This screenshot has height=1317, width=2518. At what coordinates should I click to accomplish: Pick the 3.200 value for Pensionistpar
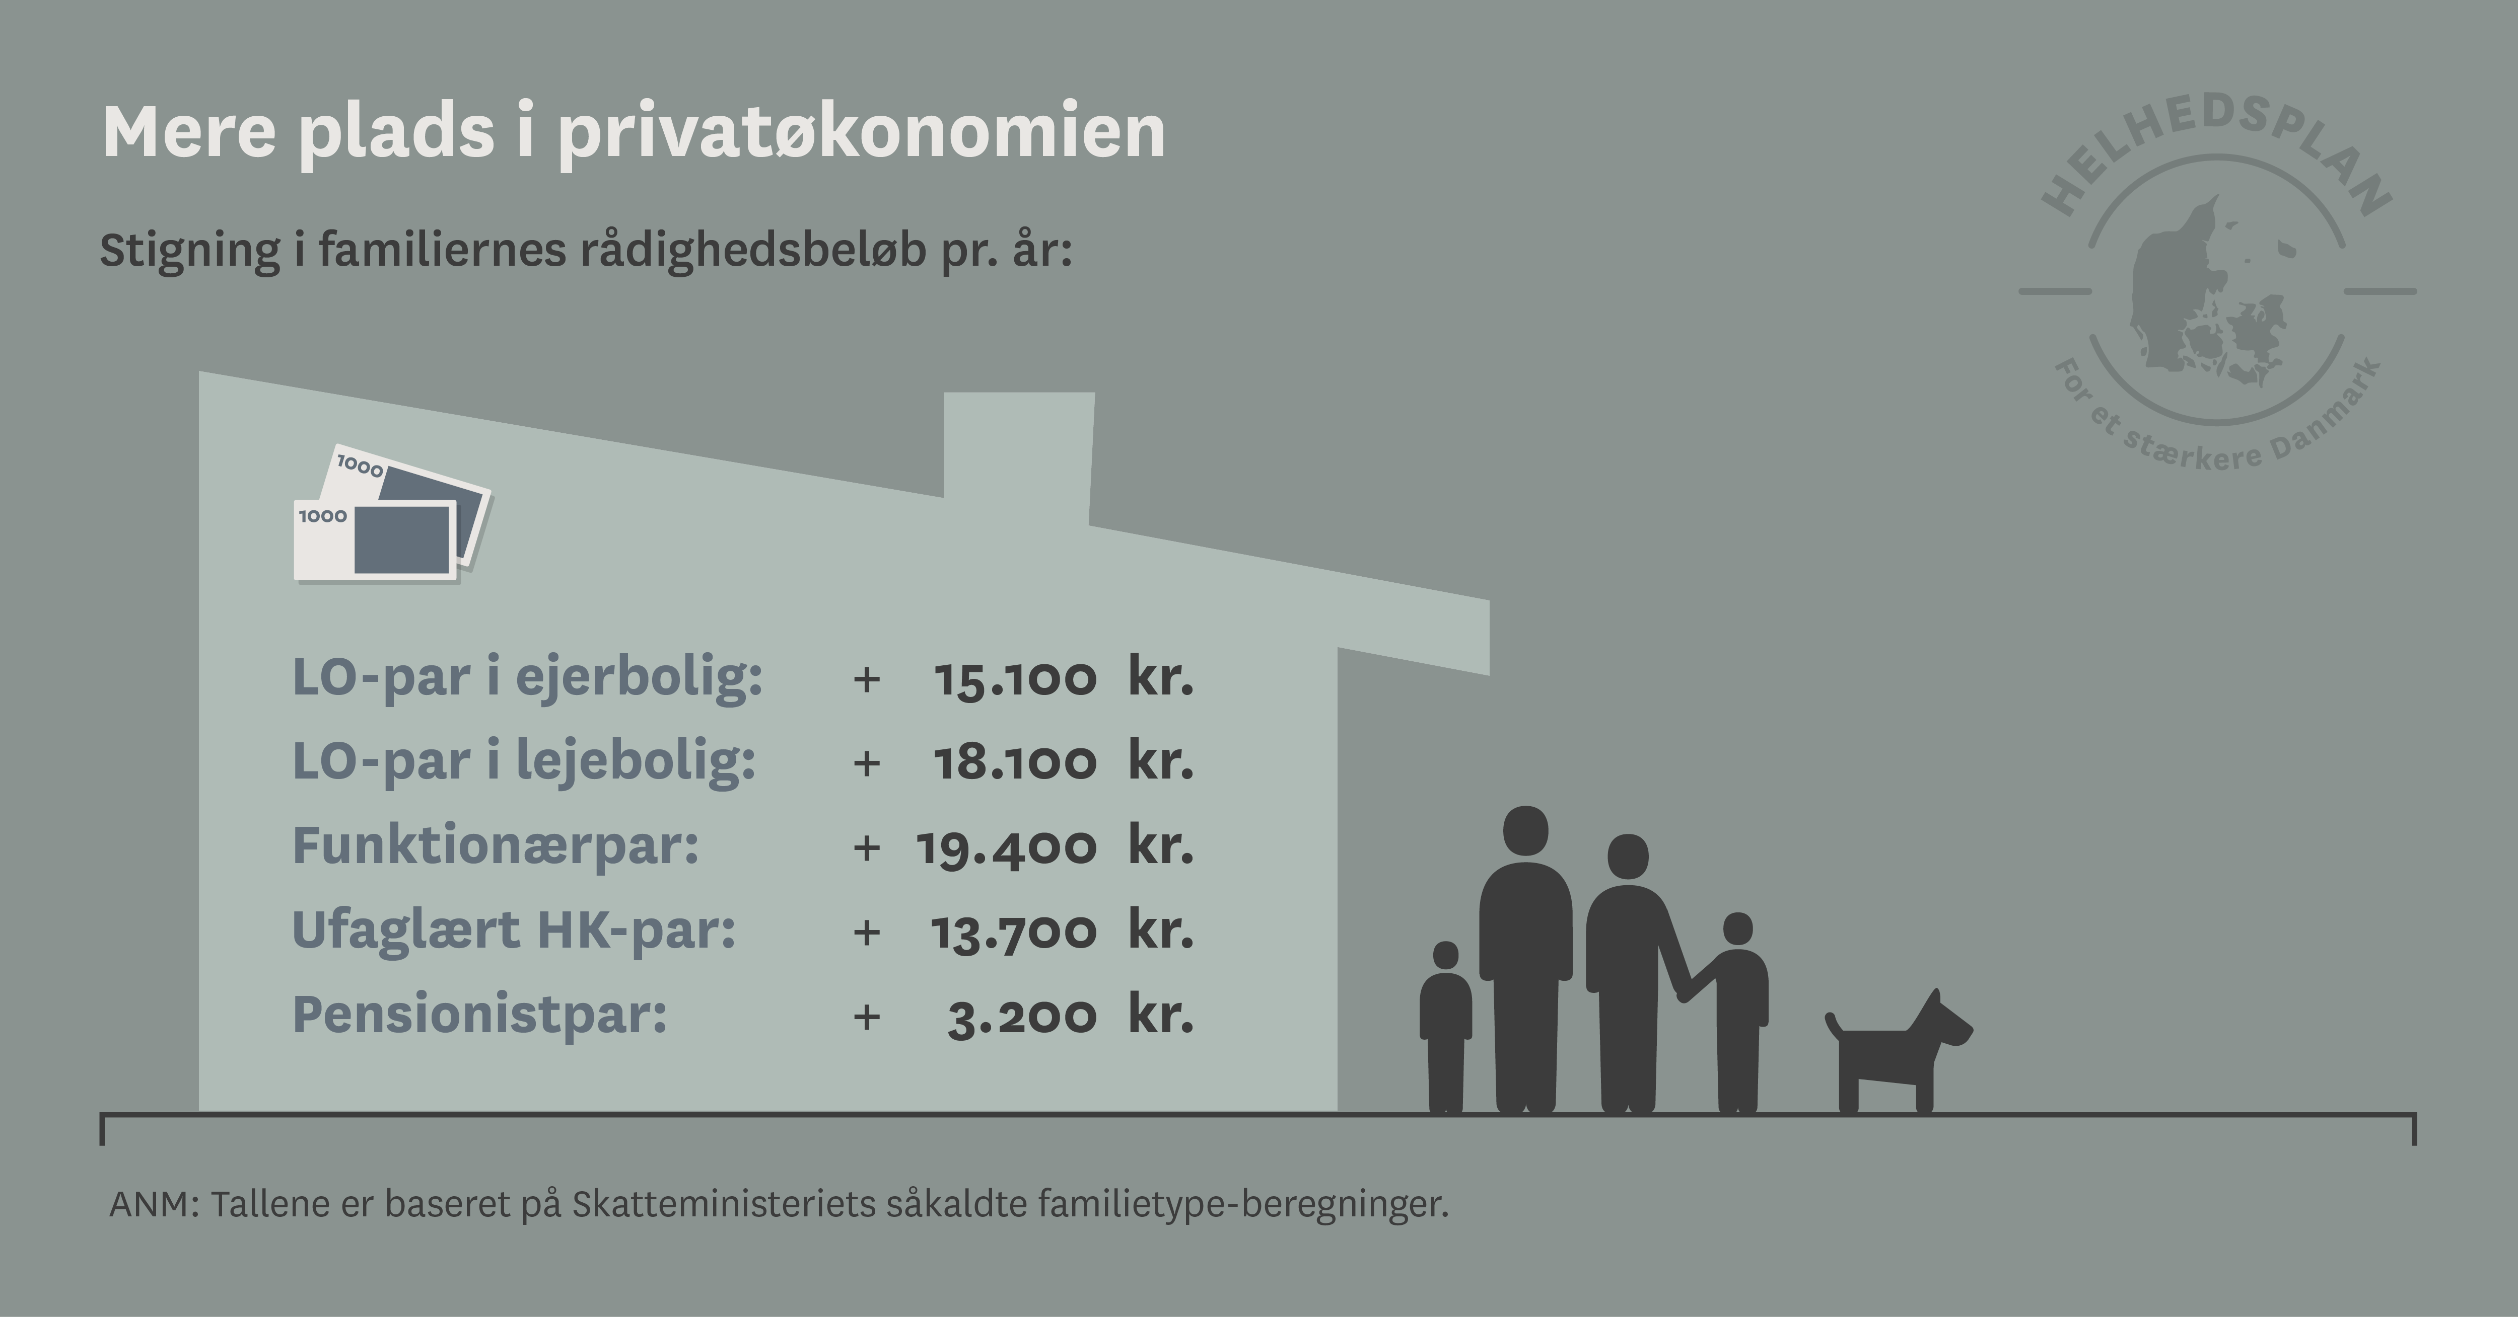1022,1016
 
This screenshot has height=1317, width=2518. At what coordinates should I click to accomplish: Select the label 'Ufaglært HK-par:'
513,930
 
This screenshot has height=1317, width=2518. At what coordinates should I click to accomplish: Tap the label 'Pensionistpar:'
479,1014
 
